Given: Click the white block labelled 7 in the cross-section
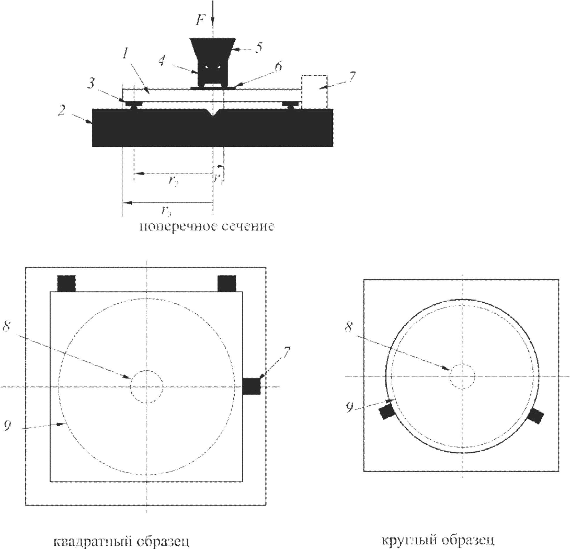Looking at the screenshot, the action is (x=314, y=92).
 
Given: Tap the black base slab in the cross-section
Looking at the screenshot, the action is (x=213, y=127).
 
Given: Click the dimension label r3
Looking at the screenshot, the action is (x=166, y=211).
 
